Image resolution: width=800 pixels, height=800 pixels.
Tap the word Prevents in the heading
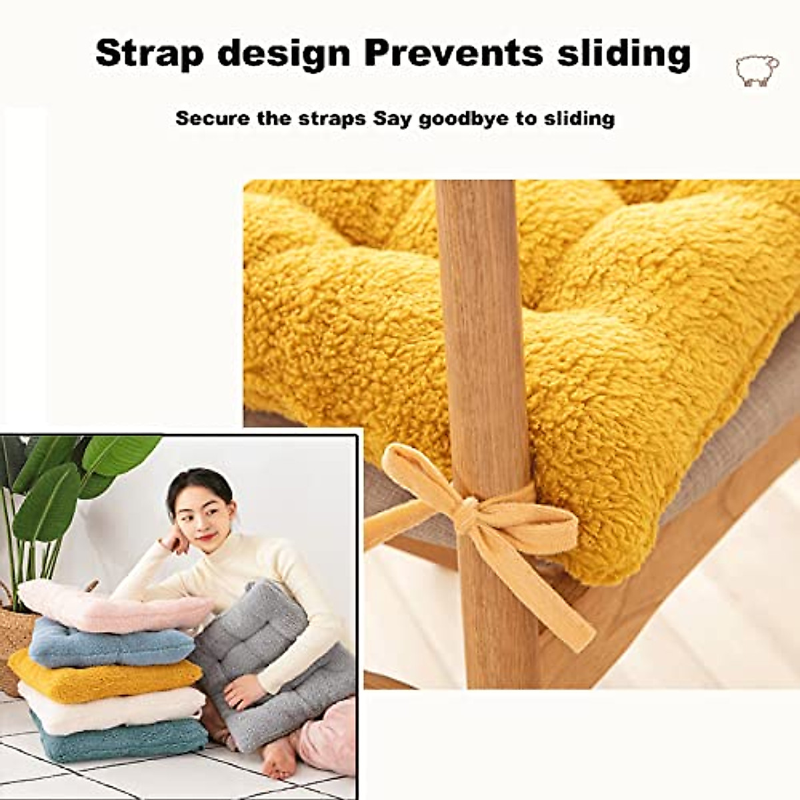(454, 53)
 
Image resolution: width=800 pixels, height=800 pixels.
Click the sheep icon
(757, 70)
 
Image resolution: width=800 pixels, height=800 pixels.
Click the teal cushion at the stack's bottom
(120, 740)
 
